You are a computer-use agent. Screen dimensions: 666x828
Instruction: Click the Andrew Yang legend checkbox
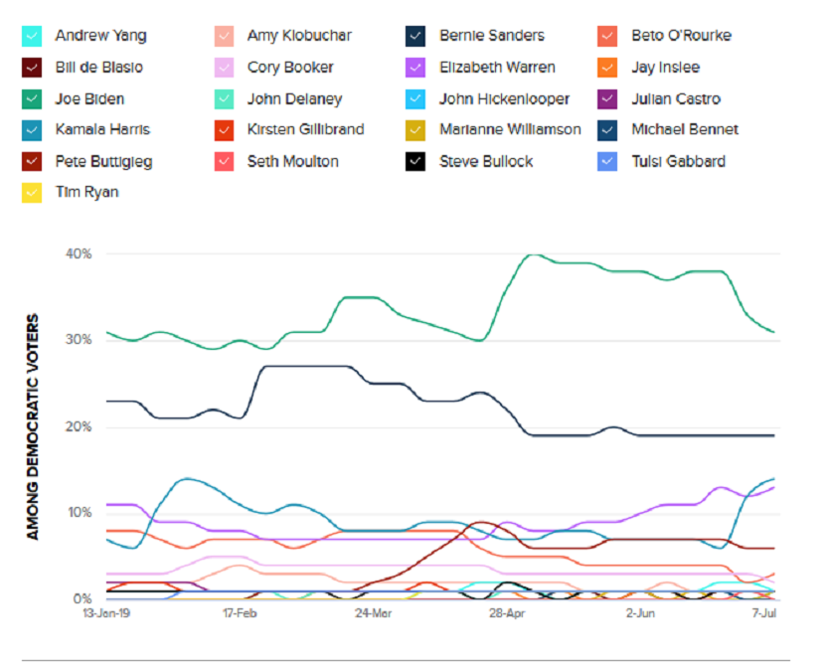pyautogui.click(x=32, y=37)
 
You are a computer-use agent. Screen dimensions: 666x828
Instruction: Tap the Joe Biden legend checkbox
pyautogui.click(x=32, y=99)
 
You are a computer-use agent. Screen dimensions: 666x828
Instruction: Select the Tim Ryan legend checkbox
pyautogui.click(x=32, y=193)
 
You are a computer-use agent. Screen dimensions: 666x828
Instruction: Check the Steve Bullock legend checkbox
pyautogui.click(x=416, y=161)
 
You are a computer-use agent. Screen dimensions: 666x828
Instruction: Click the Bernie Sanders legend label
pyautogui.click(x=491, y=37)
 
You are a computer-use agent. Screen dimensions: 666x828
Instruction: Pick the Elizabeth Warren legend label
pyautogui.click(x=497, y=68)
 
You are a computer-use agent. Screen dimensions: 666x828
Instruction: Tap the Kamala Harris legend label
pyautogui.click(x=102, y=130)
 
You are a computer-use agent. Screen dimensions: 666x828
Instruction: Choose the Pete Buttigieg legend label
pyautogui.click(x=103, y=161)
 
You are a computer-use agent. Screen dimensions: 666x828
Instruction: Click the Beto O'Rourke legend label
pyautogui.click(x=681, y=37)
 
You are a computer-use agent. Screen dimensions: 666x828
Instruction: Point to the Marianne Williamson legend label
pyautogui.click(x=510, y=130)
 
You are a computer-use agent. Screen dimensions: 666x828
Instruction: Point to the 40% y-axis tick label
pyautogui.click(x=80, y=254)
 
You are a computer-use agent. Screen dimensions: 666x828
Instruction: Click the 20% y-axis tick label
pyautogui.click(x=80, y=427)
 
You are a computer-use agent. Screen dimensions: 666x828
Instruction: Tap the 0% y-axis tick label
pyautogui.click(x=83, y=599)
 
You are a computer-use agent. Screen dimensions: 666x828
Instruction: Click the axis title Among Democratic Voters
pyautogui.click(x=33, y=427)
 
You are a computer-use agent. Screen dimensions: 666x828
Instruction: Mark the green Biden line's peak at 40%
pyautogui.click(x=533, y=254)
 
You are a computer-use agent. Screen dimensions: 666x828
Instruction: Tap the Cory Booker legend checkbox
pyautogui.click(x=225, y=68)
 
